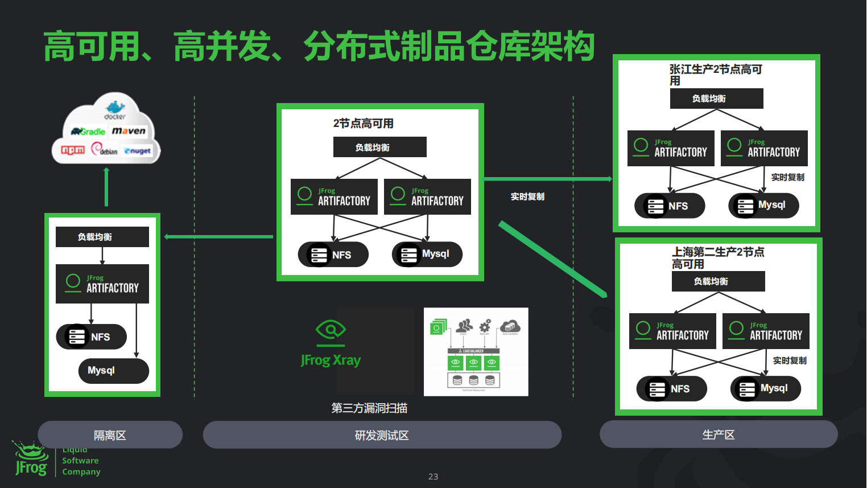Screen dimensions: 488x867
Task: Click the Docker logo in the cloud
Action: tap(115, 109)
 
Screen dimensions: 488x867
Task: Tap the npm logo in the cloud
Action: tap(73, 150)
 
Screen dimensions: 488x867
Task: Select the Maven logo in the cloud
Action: tap(129, 131)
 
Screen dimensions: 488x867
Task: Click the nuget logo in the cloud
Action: tap(138, 151)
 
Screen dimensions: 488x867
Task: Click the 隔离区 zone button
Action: tap(110, 435)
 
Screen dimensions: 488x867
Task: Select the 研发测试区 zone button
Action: tap(382, 435)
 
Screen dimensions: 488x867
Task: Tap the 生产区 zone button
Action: tap(718, 434)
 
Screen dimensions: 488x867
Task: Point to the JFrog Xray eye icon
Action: tap(331, 330)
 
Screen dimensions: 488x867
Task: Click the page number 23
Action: tap(433, 477)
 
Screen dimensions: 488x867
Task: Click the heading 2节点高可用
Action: tap(363, 124)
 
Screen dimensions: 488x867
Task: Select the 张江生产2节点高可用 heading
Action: tap(715, 75)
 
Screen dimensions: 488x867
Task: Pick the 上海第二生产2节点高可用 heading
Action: tap(718, 258)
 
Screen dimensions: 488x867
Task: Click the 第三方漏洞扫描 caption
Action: tap(369, 408)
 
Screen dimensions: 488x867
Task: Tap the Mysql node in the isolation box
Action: tap(113, 371)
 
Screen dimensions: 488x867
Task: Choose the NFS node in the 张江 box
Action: tap(670, 206)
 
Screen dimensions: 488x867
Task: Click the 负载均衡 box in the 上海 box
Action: tap(718, 281)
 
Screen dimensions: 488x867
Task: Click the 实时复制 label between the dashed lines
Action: tap(527, 196)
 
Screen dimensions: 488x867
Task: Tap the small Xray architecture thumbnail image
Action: tap(476, 352)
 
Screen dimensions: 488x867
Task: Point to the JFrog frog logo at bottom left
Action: tap(31, 459)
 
